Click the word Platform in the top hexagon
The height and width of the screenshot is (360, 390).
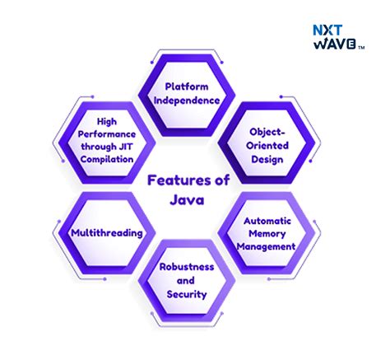[x=187, y=86]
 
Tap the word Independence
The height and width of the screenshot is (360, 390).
[x=187, y=101]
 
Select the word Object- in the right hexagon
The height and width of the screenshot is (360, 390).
[x=267, y=132]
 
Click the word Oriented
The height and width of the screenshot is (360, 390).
[x=267, y=146]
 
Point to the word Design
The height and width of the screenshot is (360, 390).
[x=267, y=159]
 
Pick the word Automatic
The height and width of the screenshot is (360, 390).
[x=267, y=221]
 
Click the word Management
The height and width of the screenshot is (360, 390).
[x=266, y=246]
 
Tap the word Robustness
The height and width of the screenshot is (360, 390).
[x=187, y=267]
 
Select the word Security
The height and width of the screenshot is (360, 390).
[x=187, y=294]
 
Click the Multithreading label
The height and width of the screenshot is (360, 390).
[x=107, y=233]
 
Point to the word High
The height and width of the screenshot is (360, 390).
[x=107, y=121]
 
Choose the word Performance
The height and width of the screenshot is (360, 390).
[x=107, y=134]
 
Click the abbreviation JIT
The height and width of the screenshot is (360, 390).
[x=125, y=147]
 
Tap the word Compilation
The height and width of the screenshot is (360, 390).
[x=107, y=159]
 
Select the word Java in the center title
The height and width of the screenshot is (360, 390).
[x=187, y=199]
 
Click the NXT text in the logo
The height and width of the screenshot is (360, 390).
[x=327, y=30]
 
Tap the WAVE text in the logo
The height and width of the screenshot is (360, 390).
[x=335, y=44]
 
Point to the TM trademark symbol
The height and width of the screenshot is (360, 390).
[x=361, y=48]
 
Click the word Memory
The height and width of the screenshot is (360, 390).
[x=267, y=234]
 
